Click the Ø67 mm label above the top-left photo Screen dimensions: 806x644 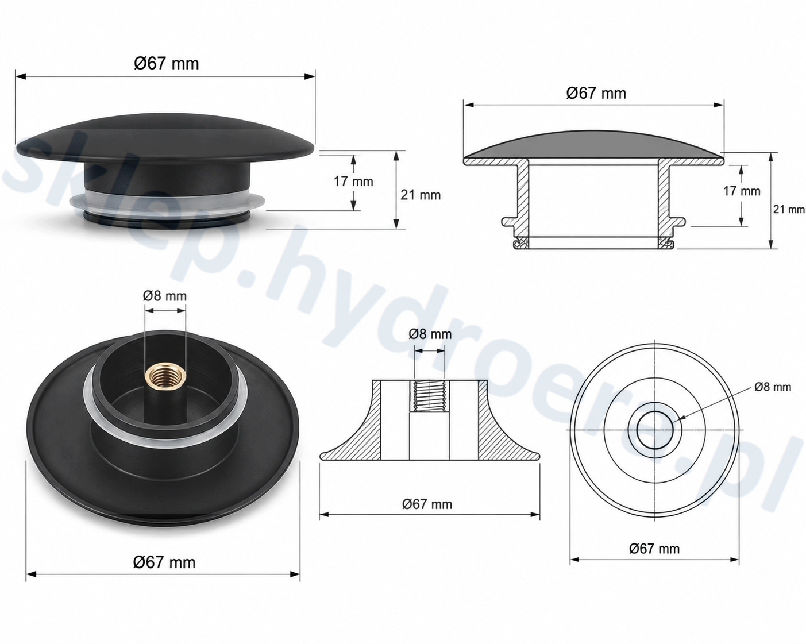[166, 63]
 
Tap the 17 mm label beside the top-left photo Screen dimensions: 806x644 [353, 182]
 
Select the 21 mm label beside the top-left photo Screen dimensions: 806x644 [420, 195]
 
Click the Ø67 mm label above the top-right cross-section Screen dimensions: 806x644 [596, 93]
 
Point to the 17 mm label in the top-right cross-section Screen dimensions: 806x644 [742, 191]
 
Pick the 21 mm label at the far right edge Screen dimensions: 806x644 [789, 209]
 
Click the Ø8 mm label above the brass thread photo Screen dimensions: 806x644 [164, 296]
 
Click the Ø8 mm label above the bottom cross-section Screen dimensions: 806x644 [430, 334]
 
